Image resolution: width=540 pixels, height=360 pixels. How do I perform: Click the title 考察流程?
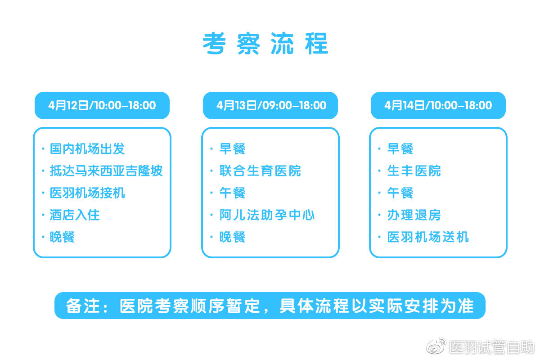pyautogui.click(x=265, y=44)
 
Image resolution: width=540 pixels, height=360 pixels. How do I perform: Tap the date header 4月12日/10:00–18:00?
pyautogui.click(x=102, y=105)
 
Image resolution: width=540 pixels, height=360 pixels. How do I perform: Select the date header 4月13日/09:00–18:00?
pyautogui.click(x=270, y=105)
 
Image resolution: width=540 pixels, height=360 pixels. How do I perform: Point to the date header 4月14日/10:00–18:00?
pyautogui.click(x=438, y=105)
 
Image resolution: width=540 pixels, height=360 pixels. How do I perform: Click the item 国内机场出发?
pyautogui.click(x=87, y=148)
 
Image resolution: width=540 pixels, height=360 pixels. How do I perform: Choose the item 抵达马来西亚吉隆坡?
pyautogui.click(x=106, y=171)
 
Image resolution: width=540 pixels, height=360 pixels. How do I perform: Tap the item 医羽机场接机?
pyautogui.click(x=87, y=193)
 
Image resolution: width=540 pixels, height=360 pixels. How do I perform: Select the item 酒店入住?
pyautogui.click(x=75, y=215)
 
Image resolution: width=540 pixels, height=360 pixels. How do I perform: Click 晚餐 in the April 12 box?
pyautogui.click(x=62, y=237)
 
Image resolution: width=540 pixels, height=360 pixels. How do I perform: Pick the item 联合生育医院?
pyautogui.click(x=260, y=171)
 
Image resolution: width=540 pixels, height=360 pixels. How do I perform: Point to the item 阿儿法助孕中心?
pyautogui.click(x=267, y=215)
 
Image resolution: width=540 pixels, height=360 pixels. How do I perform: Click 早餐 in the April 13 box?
pyautogui.click(x=232, y=148)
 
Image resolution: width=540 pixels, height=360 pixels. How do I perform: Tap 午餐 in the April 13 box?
pyautogui.click(x=232, y=193)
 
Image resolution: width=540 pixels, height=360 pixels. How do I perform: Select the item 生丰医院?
pyautogui.click(x=414, y=171)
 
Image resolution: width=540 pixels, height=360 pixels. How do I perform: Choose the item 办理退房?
pyautogui.click(x=414, y=215)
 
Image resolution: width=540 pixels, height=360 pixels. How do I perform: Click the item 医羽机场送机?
pyautogui.click(x=428, y=237)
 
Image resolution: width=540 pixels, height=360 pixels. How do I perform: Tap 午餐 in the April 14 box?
pyautogui.click(x=400, y=193)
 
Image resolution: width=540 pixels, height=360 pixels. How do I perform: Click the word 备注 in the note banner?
pyautogui.click(x=83, y=306)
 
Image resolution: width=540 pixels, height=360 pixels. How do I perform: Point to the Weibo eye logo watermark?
pyautogui.click(x=436, y=346)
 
